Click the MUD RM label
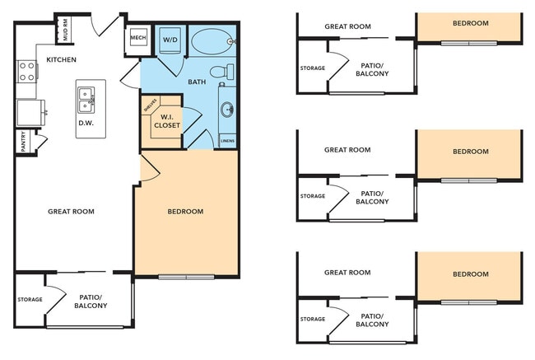click(65, 30)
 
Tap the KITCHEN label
click(62, 59)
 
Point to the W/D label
click(170, 40)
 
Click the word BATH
click(197, 82)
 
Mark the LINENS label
click(228, 142)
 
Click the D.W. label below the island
click(86, 123)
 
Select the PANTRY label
click(23, 141)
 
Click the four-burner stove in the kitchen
click(26, 72)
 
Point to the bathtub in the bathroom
click(212, 40)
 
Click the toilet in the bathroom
click(220, 72)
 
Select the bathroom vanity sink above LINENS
click(227, 110)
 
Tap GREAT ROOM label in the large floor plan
click(71, 212)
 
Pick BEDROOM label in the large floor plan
click(185, 212)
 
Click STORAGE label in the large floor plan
click(30, 299)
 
